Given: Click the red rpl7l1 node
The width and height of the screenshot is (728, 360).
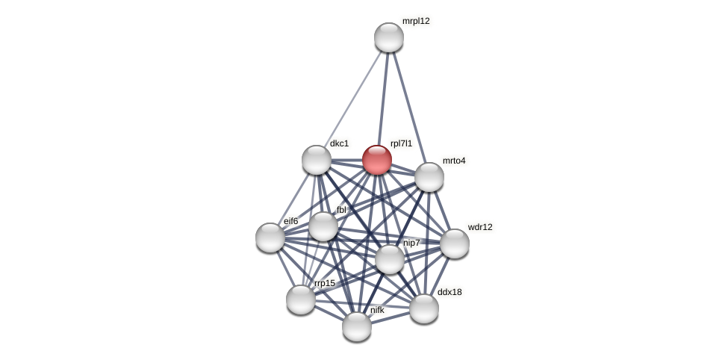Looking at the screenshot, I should (377, 160).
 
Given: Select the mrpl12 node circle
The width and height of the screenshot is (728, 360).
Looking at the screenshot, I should (389, 37).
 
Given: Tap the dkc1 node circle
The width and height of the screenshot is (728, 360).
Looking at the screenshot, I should (317, 160).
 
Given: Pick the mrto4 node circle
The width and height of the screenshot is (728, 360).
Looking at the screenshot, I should (429, 177).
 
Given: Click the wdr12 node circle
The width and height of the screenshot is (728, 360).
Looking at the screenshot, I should (455, 243).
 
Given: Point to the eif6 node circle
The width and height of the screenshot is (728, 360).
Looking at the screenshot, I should (270, 238).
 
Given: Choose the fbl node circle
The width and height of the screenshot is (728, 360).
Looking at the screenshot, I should (323, 226).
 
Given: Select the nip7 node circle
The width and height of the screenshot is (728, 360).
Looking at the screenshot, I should (390, 259).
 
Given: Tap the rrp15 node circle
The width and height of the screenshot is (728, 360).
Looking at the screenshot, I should (301, 300).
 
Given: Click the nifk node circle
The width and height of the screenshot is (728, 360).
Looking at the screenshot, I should (357, 326).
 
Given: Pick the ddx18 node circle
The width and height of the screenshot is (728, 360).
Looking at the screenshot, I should (424, 308).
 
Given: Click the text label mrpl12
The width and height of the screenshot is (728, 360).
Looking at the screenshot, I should (416, 21).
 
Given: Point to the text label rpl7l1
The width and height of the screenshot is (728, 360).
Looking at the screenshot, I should (401, 143).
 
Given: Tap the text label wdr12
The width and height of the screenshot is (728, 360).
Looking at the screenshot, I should (480, 227).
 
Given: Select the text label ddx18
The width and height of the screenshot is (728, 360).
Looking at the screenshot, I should (449, 292).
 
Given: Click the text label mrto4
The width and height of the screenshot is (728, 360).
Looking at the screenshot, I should (454, 161).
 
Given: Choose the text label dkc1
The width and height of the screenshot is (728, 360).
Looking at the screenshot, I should (339, 143).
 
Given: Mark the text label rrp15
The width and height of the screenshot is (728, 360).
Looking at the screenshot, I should (325, 283).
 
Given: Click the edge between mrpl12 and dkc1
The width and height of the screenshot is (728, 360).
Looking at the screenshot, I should (352, 99).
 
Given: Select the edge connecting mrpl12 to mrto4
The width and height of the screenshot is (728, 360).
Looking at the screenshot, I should (408, 105).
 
